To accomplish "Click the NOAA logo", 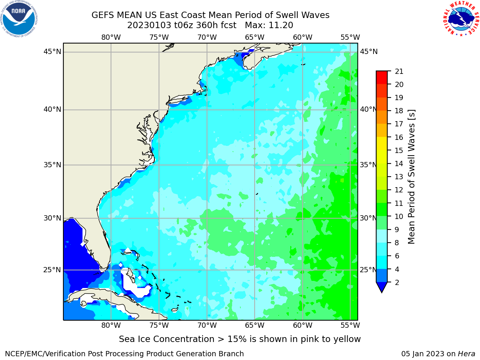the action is tap(19, 19).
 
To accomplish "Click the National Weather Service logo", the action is tap(461, 18).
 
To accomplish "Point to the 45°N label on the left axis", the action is tap(52, 52).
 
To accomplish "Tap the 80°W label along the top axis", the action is tap(111, 37).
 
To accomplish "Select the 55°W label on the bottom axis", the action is tap(350, 325).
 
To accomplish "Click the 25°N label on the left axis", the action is tap(52, 270).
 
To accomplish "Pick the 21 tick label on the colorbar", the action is tap(399, 72).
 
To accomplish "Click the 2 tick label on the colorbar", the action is tap(397, 282).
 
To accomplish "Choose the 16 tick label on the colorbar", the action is tap(399, 137).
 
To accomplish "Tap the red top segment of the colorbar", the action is tap(382, 78).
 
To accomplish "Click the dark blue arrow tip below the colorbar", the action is tap(382, 287).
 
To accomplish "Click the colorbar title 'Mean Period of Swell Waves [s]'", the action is tap(411, 177).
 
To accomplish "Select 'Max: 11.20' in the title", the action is tap(269, 25).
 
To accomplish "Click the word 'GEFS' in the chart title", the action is tap(103, 15).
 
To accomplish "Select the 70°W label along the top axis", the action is tap(207, 37).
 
